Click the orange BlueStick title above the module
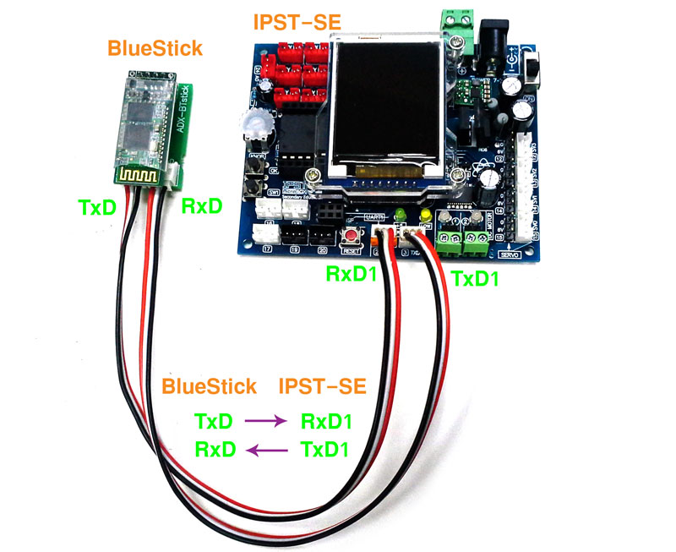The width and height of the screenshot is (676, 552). (x=155, y=48)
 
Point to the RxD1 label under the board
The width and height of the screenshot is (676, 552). (x=352, y=276)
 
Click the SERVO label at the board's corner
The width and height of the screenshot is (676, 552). (x=510, y=254)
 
